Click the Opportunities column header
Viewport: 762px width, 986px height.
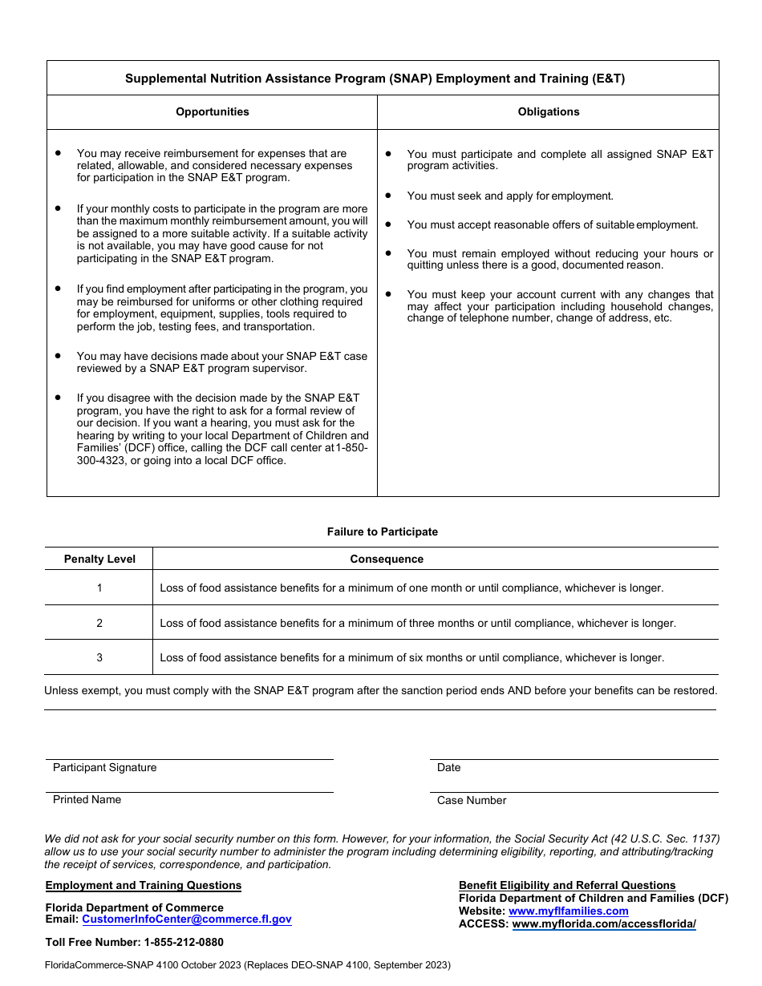tap(213, 112)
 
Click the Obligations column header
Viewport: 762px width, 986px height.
tap(549, 112)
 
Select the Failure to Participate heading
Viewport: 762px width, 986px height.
tap(383, 531)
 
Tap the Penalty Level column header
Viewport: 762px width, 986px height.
tap(99, 560)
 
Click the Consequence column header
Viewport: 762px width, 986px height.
tap(387, 560)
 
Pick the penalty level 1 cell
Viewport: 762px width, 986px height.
tap(99, 588)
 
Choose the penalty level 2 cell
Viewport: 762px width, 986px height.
tap(99, 623)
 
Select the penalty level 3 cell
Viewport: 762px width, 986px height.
tap(99, 658)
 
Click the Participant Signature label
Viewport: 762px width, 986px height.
tap(105, 768)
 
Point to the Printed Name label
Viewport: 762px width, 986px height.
tap(87, 800)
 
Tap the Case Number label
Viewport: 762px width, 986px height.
tap(472, 801)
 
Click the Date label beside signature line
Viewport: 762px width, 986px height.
tap(449, 768)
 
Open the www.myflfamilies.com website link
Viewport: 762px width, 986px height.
tap(569, 911)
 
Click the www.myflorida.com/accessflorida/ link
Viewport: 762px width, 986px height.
tap(604, 924)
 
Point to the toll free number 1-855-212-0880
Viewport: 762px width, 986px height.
tap(183, 943)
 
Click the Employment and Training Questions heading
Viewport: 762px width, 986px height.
tap(144, 886)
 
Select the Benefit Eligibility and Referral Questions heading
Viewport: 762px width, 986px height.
tap(567, 886)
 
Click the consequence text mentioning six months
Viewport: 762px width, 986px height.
tap(411, 658)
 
